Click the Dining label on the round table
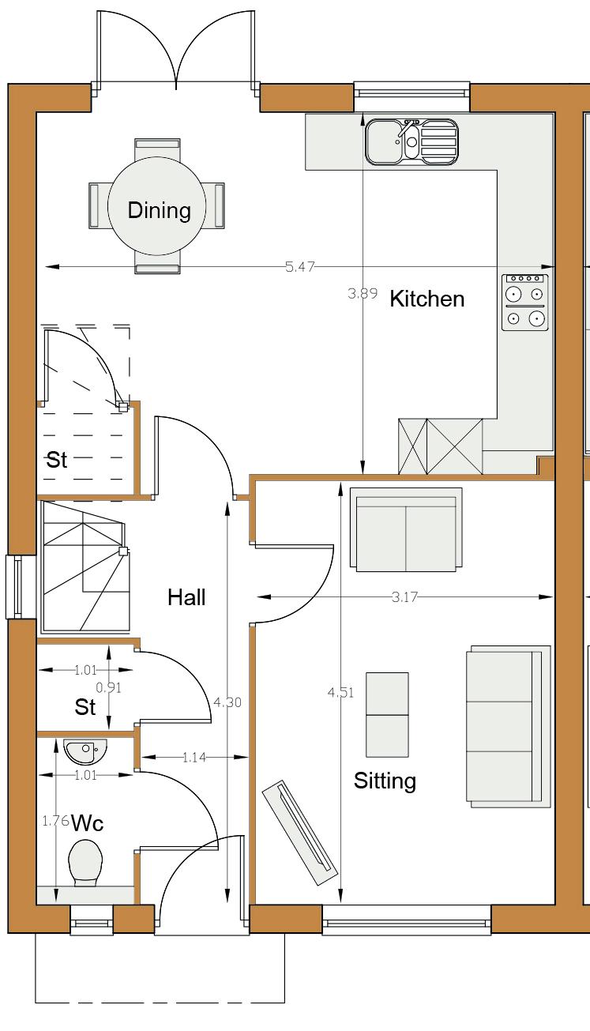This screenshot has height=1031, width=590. (x=160, y=210)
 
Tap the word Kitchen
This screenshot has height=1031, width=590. (x=427, y=299)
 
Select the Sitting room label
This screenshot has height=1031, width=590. (x=385, y=781)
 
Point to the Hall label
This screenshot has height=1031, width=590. (x=186, y=597)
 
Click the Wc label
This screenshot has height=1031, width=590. (x=88, y=823)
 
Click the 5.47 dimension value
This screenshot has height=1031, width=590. (x=300, y=267)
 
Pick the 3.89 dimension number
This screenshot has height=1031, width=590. (x=363, y=293)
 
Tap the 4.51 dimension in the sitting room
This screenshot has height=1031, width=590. (x=340, y=692)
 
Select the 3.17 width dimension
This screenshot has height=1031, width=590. (x=404, y=597)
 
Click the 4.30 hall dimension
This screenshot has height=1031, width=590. (x=227, y=702)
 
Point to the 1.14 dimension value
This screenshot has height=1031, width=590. (x=194, y=758)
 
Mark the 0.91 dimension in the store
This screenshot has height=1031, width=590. (x=109, y=687)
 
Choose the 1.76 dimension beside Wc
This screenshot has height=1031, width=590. (x=55, y=821)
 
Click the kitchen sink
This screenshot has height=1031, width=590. (x=412, y=141)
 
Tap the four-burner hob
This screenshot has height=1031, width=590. (x=525, y=303)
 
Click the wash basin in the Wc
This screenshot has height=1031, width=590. (x=85, y=751)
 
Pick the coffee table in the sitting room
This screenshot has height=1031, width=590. (x=387, y=715)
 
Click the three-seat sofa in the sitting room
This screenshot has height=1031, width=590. (x=509, y=726)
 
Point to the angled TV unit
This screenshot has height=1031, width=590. (x=300, y=833)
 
